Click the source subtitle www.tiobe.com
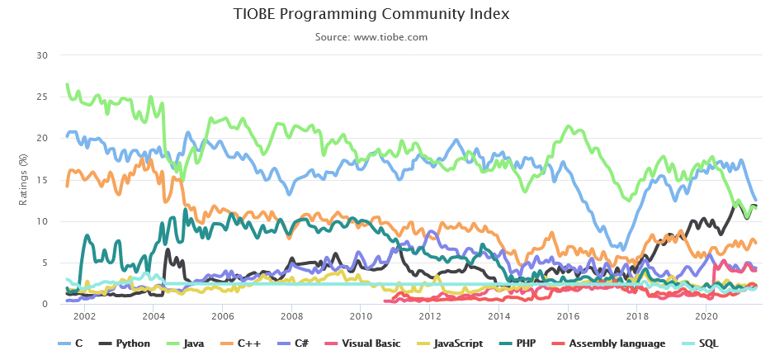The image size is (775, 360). point(371,36)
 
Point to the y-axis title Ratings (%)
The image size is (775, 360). point(23,179)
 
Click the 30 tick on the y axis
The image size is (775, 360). point(43,55)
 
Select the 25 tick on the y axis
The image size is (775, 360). point(43,97)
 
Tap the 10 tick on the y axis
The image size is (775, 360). point(43,221)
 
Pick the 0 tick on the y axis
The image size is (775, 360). point(46,304)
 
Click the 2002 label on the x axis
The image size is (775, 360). point(84,316)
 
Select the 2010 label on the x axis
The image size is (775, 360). point(360,316)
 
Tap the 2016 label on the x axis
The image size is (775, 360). point(567,316)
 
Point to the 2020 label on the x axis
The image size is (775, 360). point(706,316)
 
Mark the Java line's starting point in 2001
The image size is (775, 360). point(67,84)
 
